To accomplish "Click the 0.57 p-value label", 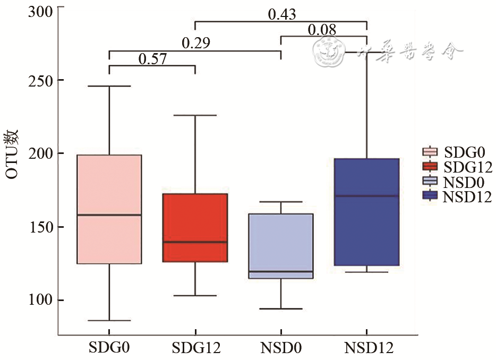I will coord(152,59).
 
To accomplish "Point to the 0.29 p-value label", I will coord(196,44).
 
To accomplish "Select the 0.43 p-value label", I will coord(281,14).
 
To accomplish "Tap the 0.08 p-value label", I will coord(322,30).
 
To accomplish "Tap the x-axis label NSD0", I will coord(281,348).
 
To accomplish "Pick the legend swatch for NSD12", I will coord(430,197).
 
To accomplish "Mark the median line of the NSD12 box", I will coord(367,196).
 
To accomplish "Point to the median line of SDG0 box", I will coord(109,215).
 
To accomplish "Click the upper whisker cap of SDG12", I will coord(195,115).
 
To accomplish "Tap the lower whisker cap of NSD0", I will coord(281,308).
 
